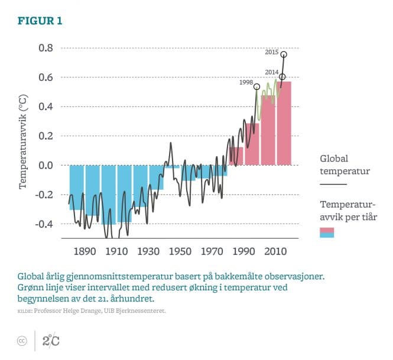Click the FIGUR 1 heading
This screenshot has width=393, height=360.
click(40, 21)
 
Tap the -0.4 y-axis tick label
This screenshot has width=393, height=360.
click(44, 224)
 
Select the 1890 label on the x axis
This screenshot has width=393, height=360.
click(85, 251)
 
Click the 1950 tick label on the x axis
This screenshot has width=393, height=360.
click(180, 251)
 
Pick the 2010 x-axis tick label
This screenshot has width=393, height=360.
click(275, 251)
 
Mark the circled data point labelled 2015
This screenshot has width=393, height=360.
click(284, 54)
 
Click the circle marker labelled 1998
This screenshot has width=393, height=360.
click(256, 87)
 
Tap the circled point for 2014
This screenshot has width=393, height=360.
click(282, 77)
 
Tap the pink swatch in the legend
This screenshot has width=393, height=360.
click(327, 231)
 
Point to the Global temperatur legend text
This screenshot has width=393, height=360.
click(345, 165)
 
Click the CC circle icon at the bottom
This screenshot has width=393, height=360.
click(22, 340)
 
